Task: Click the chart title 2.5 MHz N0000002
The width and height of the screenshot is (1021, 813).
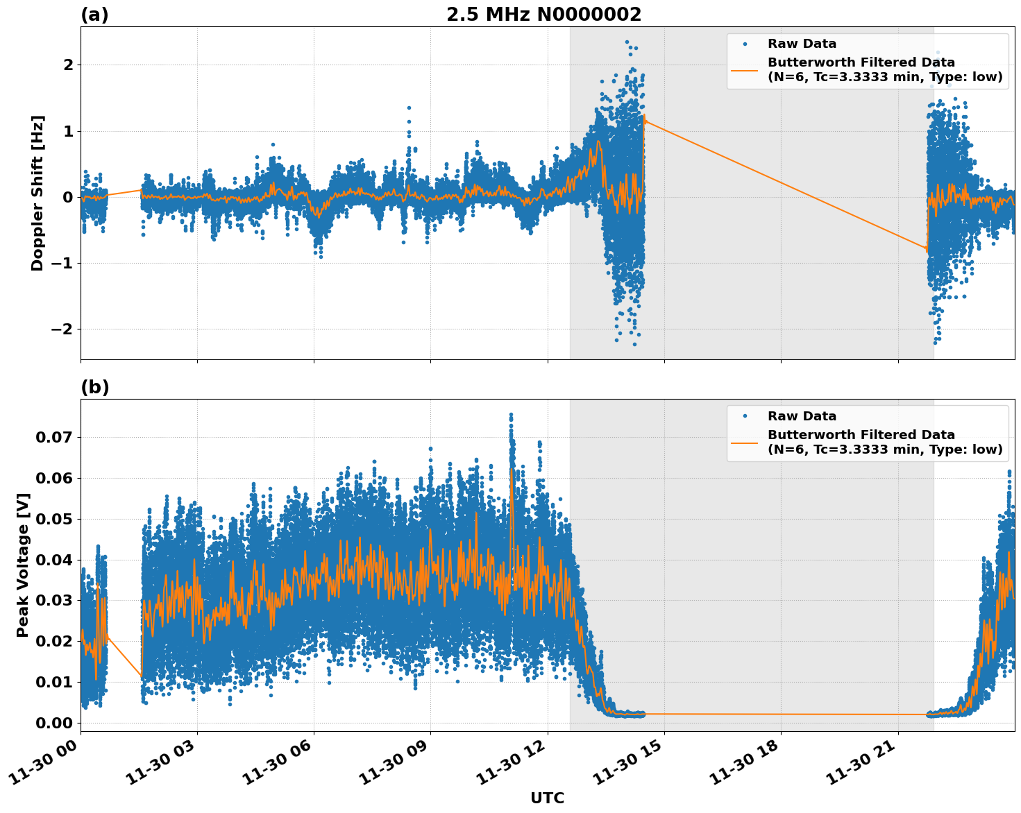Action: click(543, 15)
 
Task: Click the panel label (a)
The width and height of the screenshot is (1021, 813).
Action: click(94, 15)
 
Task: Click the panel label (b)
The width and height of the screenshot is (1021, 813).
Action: click(94, 387)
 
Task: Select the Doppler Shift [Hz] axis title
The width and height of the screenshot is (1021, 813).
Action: click(37, 193)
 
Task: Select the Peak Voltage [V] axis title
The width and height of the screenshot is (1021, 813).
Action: click(23, 565)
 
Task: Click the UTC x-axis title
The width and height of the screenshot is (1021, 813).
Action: click(547, 798)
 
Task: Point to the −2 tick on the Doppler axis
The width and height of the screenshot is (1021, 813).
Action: click(63, 329)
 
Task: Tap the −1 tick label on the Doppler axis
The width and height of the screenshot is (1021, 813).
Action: click(63, 263)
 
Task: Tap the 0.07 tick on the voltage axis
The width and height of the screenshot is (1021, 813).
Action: click(54, 437)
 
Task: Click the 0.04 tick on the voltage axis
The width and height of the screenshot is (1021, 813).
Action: click(54, 560)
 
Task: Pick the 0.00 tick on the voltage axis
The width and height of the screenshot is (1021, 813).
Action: click(54, 723)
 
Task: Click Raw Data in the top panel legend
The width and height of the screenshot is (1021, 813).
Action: click(802, 44)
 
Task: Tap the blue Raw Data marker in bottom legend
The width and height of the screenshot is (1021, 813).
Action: click(745, 416)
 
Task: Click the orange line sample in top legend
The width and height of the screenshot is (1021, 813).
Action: click(745, 69)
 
